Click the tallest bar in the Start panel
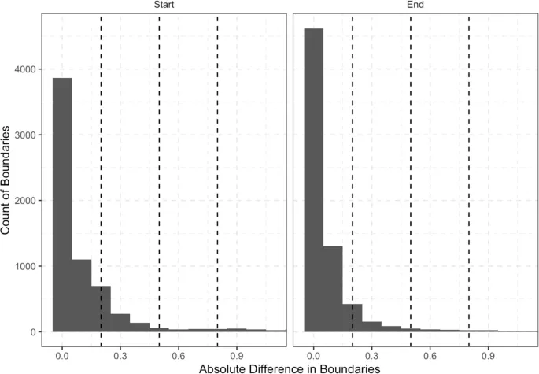pos(62,205)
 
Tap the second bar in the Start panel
pos(82,295)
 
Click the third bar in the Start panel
pos(101,309)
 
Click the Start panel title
pos(164,5)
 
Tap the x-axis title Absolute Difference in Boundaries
pos(290,368)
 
